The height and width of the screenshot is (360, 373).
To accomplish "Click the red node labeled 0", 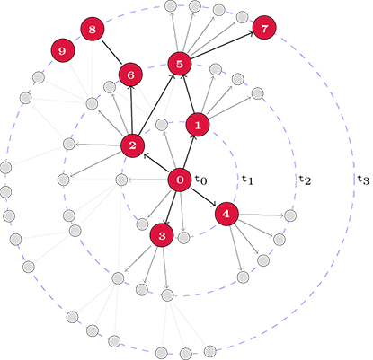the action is tap(180, 180).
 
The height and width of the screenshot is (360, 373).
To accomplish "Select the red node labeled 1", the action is tap(198, 125).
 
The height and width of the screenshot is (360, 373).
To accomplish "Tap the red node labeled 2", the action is tap(132, 145).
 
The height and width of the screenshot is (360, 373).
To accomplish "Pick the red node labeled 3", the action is tap(162, 235).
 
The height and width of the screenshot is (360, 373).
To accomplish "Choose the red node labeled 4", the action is tap(226, 214).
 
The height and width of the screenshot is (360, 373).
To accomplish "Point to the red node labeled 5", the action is tap(180, 64).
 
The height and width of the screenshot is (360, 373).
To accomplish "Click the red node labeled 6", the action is tap(130, 75).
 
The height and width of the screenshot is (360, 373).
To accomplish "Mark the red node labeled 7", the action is tap(264, 28).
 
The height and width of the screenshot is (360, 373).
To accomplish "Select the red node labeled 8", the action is tap(93, 29).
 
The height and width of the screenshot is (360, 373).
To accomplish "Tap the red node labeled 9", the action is tap(62, 50).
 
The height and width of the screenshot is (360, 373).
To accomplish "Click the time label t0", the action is tap(201, 180).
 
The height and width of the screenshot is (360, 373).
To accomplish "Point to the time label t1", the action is tap(248, 180).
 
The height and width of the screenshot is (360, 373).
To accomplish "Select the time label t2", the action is tap(305, 180).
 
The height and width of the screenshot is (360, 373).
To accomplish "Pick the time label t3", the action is tap(363, 180).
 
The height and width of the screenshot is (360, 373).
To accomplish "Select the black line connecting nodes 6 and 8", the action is tap(111, 52).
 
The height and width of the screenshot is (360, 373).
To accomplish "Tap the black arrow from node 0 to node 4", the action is tap(203, 197).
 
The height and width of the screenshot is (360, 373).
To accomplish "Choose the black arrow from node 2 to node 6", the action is tap(131, 110).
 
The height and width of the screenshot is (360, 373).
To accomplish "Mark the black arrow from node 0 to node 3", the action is tap(170, 208).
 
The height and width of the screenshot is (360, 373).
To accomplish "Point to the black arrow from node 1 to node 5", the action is tap(189, 94).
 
